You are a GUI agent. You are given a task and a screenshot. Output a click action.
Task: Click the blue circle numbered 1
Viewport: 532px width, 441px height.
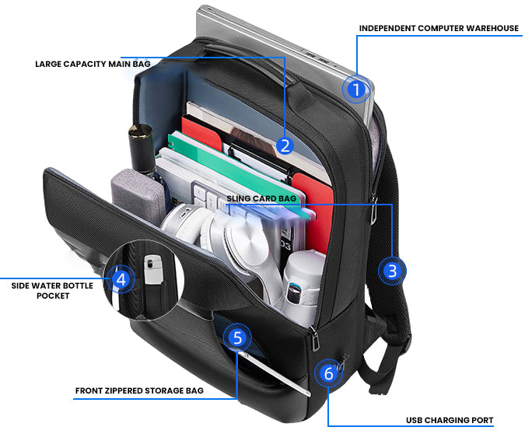[355, 90]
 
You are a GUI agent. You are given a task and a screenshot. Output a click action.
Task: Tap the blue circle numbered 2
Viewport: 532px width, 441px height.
[285, 145]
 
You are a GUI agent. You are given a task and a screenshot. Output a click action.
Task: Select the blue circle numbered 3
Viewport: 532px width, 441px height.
[392, 271]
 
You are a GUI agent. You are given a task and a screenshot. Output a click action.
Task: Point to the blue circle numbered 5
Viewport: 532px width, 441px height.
[237, 338]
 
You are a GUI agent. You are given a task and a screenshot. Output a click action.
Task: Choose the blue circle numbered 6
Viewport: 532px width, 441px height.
[328, 373]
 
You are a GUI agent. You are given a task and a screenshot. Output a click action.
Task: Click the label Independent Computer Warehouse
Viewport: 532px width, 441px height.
[439, 29]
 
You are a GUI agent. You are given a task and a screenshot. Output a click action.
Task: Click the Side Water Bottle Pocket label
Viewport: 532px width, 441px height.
[52, 290]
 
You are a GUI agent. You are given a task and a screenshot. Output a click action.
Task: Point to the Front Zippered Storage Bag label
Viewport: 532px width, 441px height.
[139, 390]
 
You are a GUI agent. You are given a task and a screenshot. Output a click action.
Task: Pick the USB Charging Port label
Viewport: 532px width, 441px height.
[449, 420]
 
